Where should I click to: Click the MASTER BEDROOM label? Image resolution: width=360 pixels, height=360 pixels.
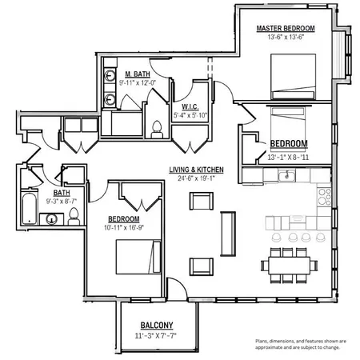point(285,28)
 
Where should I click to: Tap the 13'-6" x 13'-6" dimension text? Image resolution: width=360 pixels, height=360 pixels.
point(285,37)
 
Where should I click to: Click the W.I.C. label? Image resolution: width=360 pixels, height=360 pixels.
point(190,106)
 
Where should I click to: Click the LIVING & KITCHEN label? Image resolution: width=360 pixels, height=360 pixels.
point(195,170)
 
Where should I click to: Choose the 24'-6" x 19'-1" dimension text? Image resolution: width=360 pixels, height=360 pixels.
point(195,178)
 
